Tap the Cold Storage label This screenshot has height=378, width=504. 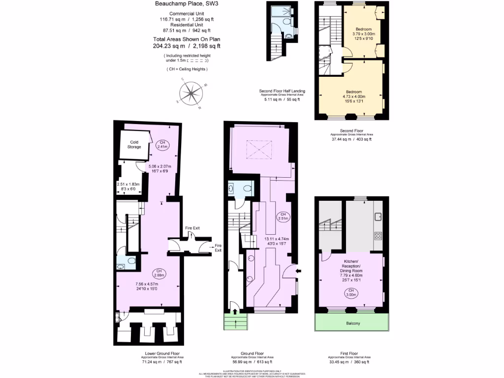tap(135, 145)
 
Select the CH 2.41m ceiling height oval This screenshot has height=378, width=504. tap(162, 144)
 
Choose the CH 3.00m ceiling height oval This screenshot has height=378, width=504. tap(349, 293)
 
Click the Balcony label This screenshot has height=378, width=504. tap(352, 323)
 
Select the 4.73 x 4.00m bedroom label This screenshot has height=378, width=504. tap(353, 97)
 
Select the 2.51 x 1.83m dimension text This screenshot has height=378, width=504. tap(128, 187)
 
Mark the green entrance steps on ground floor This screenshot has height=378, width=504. tap(236, 322)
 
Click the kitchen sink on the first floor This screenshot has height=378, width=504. tap(378, 216)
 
